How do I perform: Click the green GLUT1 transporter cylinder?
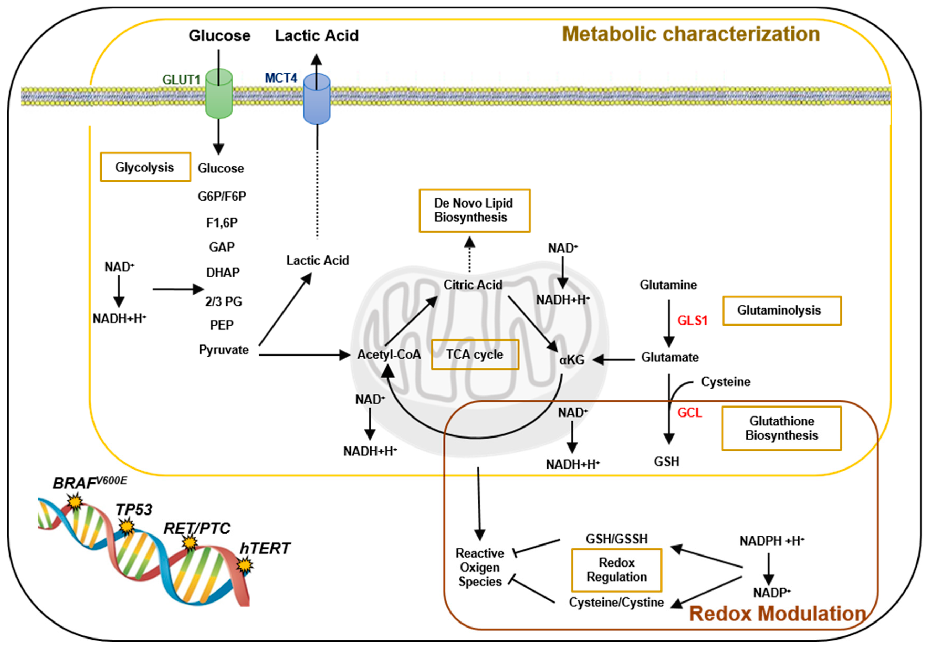[x=219, y=94]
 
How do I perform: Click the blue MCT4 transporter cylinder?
[x=317, y=99]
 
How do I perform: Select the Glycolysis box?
[x=145, y=167]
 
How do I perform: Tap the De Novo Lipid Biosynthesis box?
[x=474, y=210]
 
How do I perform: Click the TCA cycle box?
[x=475, y=354]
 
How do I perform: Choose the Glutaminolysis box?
[x=782, y=310]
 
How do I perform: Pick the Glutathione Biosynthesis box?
[x=781, y=428]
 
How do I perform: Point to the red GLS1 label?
[x=692, y=320]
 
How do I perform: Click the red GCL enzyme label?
[x=690, y=413]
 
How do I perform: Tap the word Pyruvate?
[x=223, y=349]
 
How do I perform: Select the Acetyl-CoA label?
[x=389, y=354]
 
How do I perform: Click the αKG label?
[x=572, y=359]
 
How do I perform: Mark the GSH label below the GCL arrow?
[x=667, y=461]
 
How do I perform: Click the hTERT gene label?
[x=265, y=548]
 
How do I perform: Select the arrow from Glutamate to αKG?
[x=614, y=359]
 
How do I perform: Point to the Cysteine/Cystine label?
[x=616, y=602]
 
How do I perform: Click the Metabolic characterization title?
[x=690, y=34]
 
